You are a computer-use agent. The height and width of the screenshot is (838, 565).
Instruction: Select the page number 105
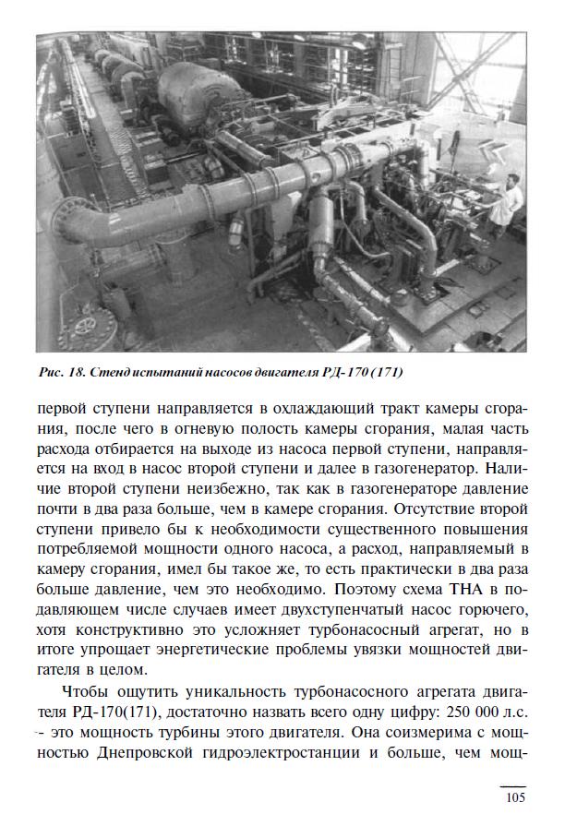[x=515, y=798]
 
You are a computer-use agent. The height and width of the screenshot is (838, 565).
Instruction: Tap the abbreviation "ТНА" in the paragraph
[x=460, y=588]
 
